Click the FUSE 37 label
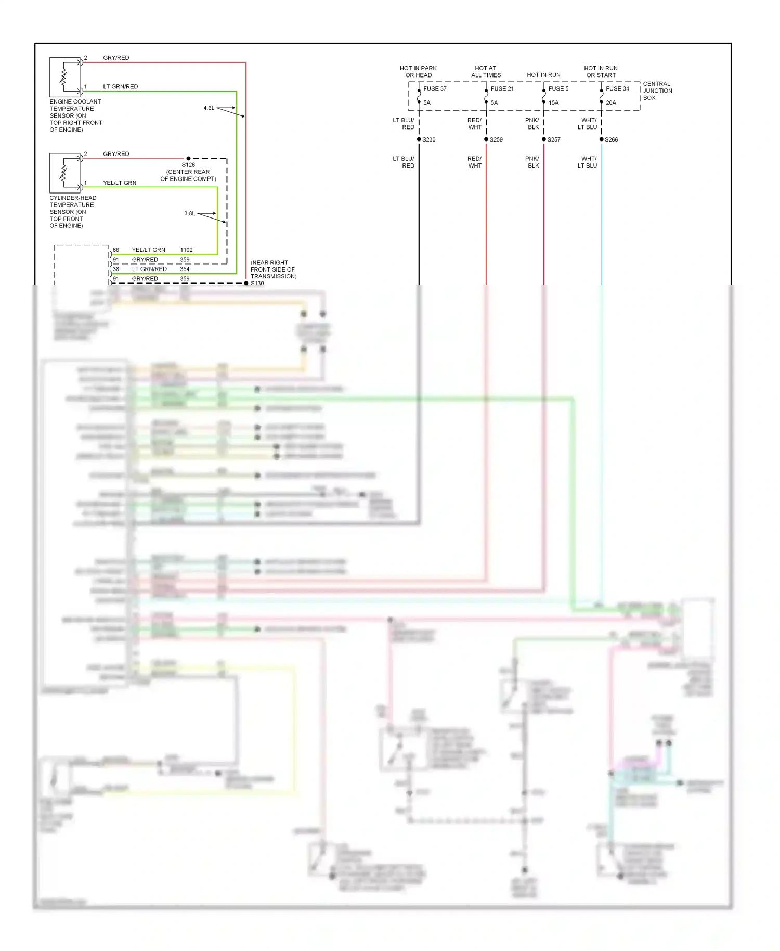point(435,89)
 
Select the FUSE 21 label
point(502,89)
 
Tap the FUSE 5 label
point(558,89)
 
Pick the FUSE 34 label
point(617,89)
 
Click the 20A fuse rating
point(611,103)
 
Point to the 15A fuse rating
point(554,103)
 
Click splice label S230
point(429,140)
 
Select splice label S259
point(496,140)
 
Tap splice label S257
point(554,140)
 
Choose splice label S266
point(612,140)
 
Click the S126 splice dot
point(188,158)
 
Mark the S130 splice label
point(257,284)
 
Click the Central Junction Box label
point(657,91)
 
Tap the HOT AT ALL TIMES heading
point(486,72)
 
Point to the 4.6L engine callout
point(209,108)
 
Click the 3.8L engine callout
point(189,214)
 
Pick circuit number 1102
point(186,250)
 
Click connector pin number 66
point(116,250)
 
